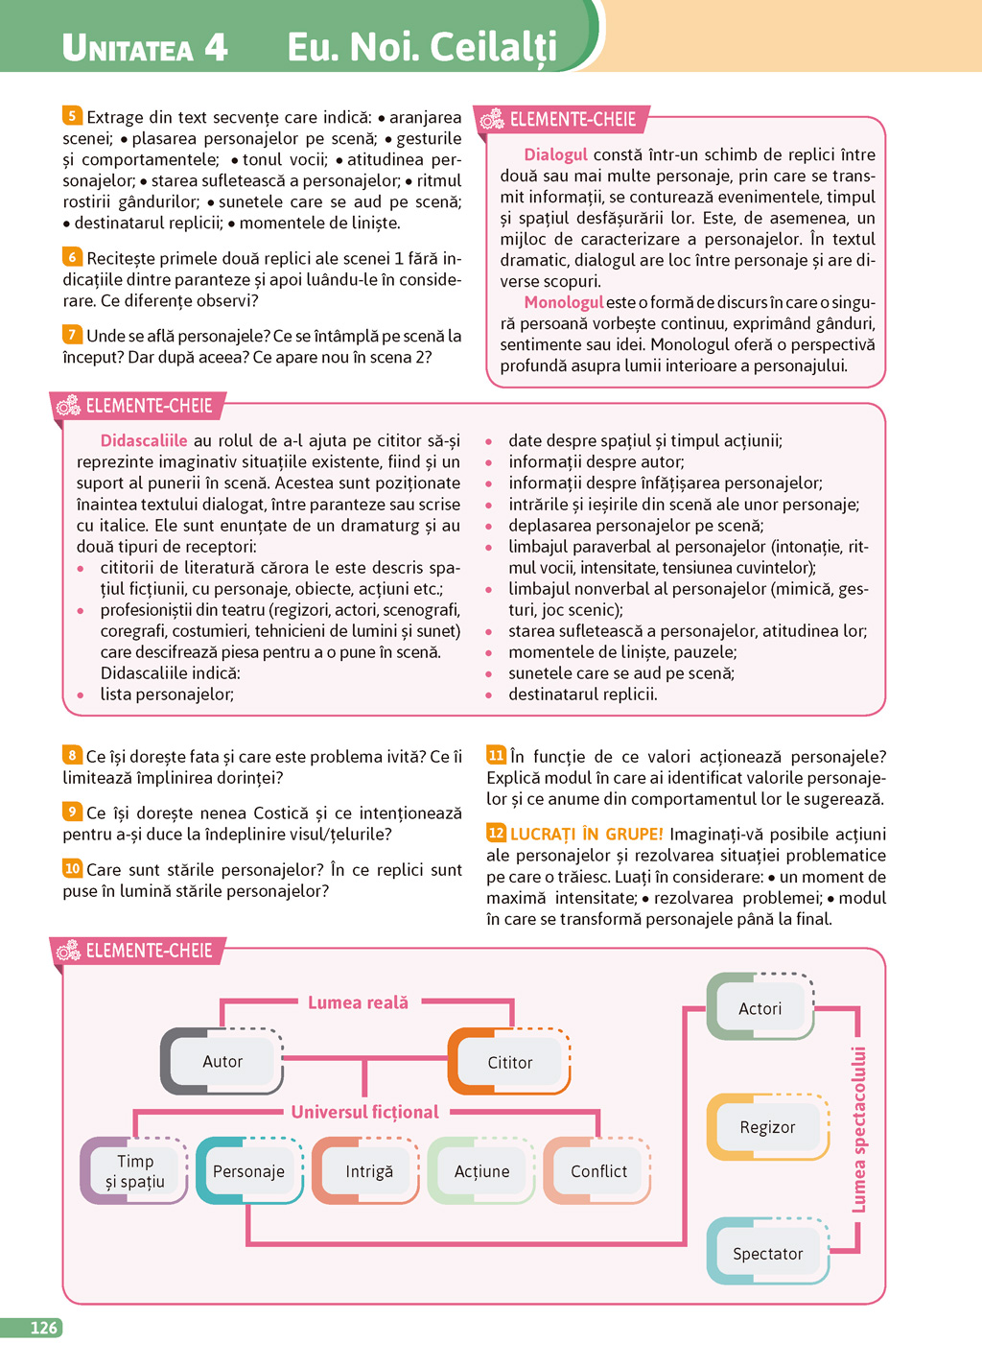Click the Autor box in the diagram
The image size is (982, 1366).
click(222, 1061)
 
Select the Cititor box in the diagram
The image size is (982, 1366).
click(509, 1062)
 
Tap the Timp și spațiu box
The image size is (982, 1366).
click(134, 1170)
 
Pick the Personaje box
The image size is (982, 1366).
click(249, 1170)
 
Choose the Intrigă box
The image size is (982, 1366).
click(368, 1170)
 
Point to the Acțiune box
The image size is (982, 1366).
click(481, 1170)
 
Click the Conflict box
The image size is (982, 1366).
click(598, 1170)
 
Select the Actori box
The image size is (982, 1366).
click(760, 1008)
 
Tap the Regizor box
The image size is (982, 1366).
click(767, 1127)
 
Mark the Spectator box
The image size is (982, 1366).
click(767, 1253)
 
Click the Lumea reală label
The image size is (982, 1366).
click(358, 1002)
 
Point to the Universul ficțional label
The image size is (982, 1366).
click(364, 1112)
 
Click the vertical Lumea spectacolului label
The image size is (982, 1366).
click(859, 1128)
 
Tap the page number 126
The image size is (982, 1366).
click(44, 1328)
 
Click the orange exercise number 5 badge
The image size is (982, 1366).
click(72, 116)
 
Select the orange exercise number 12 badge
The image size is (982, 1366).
click(496, 833)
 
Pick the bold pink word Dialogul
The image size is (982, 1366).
click(555, 154)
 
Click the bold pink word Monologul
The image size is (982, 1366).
click(563, 302)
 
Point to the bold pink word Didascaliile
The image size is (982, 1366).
click(144, 440)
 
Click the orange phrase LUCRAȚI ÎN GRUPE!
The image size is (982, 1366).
click(586, 834)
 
